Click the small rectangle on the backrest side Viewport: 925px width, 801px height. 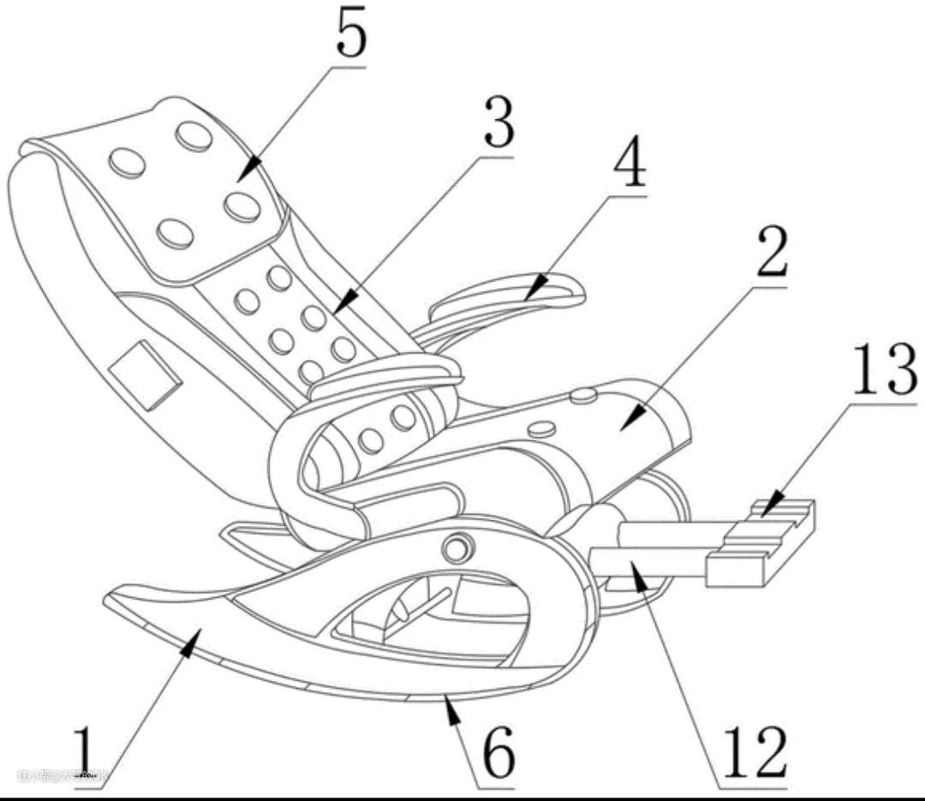[x=145, y=374]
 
